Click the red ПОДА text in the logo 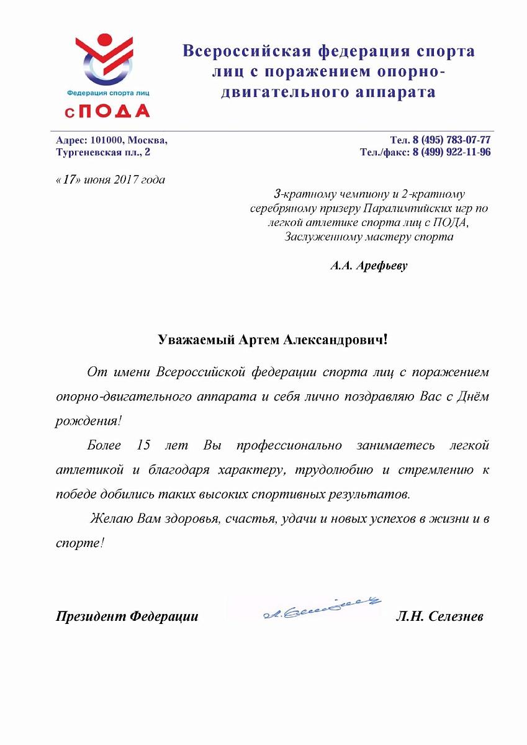pos(115,111)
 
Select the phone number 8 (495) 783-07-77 pos(452,140)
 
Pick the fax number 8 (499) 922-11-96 pos(451,152)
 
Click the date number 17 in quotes pos(69,181)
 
